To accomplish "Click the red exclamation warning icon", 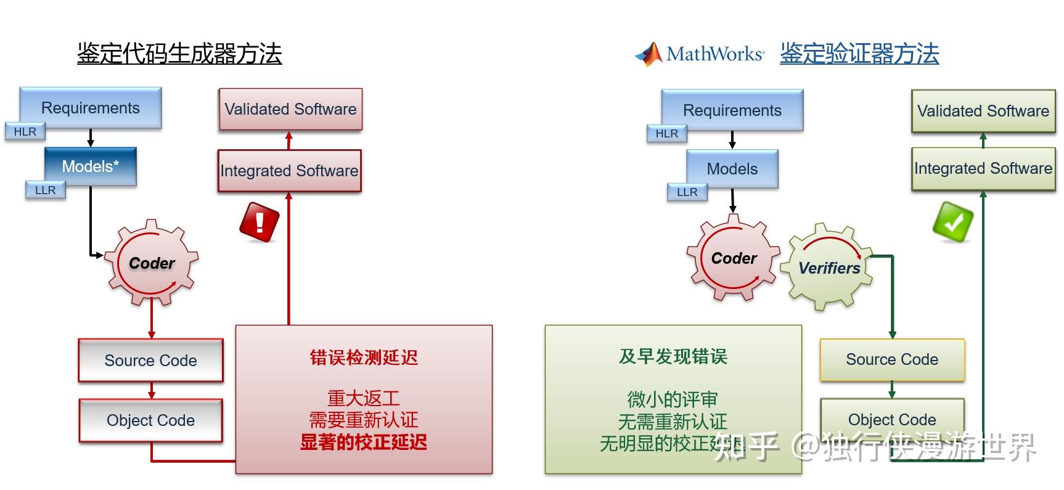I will pos(260,221).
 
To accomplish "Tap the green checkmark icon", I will pos(953,222).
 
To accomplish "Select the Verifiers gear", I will pos(829,267).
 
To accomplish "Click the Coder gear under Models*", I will pos(152,263).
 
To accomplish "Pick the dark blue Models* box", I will pos(91,166).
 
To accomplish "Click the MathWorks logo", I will pos(700,54).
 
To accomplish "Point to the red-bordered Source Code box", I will pos(150,361).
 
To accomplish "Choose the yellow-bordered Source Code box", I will pos(892,359).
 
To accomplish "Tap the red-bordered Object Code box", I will pos(150,420).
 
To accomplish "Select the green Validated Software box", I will pos(983,111).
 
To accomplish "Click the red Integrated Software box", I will pos(289,171).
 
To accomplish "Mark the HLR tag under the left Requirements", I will pos(25,132).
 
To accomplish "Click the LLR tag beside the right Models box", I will pos(687,192).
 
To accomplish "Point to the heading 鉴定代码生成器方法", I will pos(179,54).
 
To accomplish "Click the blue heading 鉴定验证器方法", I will pos(859,54).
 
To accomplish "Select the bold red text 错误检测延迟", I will pos(364,357).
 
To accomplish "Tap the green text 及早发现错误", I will pos(673,356).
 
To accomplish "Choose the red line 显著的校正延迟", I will pos(364,442).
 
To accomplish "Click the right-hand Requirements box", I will pos(732,110).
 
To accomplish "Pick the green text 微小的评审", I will pos(673,399).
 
